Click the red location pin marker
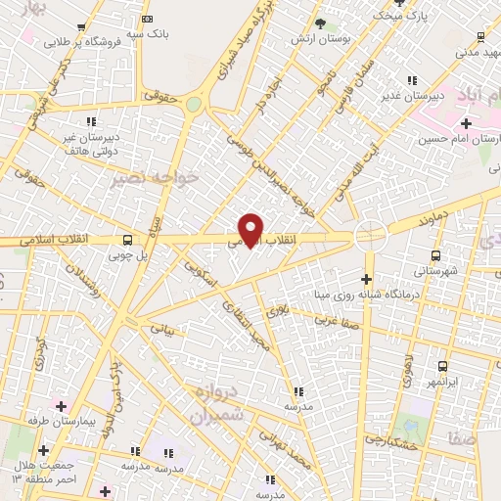click(250, 230)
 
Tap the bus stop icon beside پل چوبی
click(128, 240)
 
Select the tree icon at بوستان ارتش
click(320, 23)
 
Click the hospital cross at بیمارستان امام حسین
click(466, 124)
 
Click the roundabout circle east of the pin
click(371, 235)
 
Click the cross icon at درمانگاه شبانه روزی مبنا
click(365, 281)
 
